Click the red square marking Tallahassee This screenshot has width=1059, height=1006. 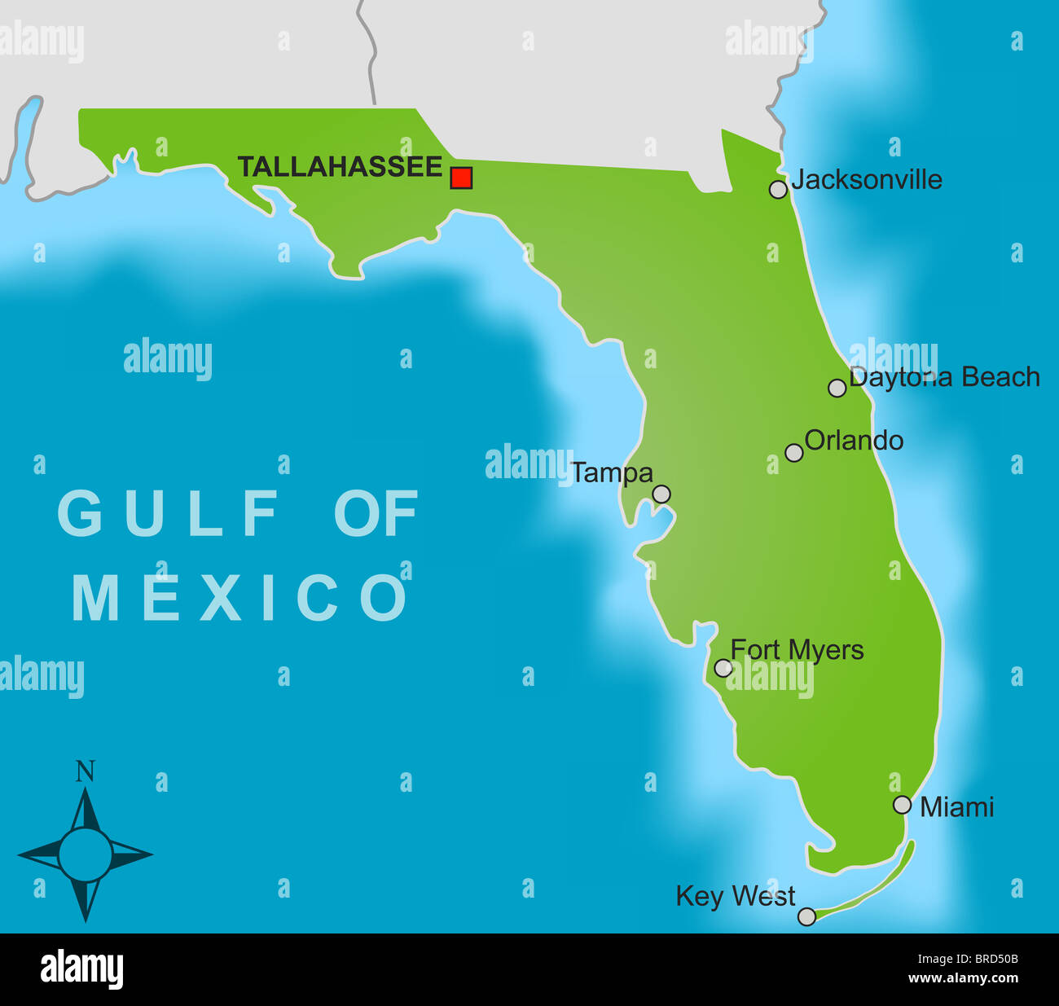[x=461, y=178]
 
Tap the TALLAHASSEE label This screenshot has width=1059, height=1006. [x=340, y=167]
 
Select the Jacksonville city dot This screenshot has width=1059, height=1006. [x=778, y=189]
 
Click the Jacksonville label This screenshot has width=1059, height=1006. [x=866, y=179]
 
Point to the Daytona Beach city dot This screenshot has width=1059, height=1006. [x=837, y=388]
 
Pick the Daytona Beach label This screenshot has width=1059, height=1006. [x=944, y=377]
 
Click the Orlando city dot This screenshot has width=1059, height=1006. [x=793, y=453]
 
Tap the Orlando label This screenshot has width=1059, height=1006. [x=854, y=441]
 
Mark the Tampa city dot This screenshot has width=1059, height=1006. [x=661, y=494]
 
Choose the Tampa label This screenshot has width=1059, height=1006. [x=612, y=473]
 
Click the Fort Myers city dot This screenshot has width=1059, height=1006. [x=723, y=668]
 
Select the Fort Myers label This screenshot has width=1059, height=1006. [x=797, y=650]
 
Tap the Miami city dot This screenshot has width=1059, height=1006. [x=902, y=805]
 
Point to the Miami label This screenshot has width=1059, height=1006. [x=956, y=807]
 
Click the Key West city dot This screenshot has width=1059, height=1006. [x=806, y=916]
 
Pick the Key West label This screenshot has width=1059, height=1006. [x=735, y=896]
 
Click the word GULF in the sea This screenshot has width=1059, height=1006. [x=169, y=513]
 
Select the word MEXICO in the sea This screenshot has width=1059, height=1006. [x=239, y=598]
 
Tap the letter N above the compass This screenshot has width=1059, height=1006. [x=85, y=771]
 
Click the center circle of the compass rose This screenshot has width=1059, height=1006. [x=85, y=854]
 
